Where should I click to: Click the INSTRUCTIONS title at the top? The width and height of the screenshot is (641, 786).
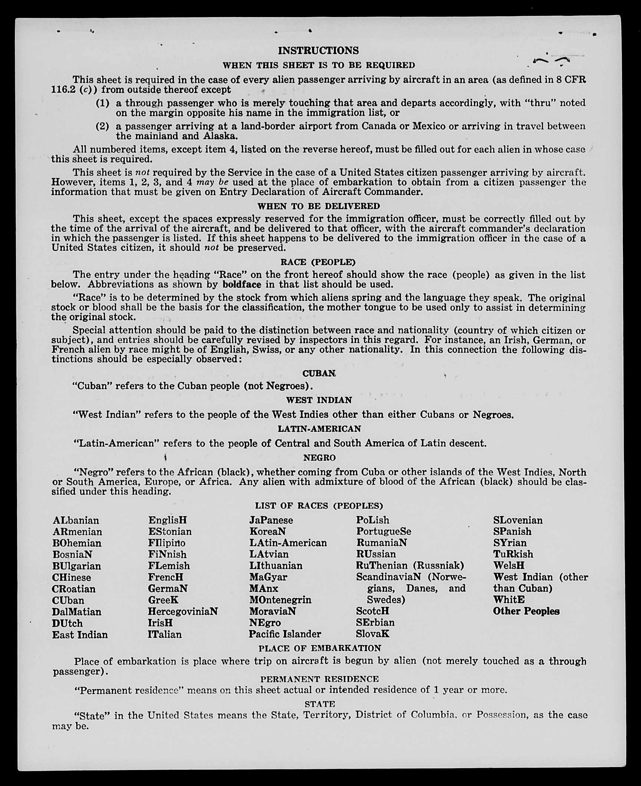tap(318, 50)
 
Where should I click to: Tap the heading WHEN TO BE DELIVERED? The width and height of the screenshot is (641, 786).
tap(319, 206)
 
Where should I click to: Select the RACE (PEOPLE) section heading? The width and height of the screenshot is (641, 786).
tap(318, 262)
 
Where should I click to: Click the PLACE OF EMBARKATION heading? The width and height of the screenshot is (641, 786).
tap(320, 648)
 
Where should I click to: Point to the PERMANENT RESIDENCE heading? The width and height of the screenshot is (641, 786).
tap(319, 679)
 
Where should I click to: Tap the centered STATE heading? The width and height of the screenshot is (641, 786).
tap(320, 704)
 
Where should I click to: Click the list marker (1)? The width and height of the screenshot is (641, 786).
tap(102, 103)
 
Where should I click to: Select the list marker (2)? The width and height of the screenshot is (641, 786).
tap(102, 126)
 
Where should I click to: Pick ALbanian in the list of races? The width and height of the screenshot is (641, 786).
tap(76, 520)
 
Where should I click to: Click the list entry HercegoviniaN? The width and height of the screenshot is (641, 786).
tap(183, 611)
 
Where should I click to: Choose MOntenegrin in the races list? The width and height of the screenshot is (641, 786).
tap(280, 600)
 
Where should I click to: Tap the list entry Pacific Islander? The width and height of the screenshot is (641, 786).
tap(285, 634)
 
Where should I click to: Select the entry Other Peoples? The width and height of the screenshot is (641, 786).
tap(526, 611)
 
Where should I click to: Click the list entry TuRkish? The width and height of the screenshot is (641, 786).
tap(513, 554)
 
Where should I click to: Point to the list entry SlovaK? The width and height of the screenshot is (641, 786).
tap(372, 634)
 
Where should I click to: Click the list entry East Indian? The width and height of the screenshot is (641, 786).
tap(80, 635)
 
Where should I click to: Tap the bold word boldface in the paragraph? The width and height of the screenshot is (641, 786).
tap(242, 285)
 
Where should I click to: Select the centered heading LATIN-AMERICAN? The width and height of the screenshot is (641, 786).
tap(319, 429)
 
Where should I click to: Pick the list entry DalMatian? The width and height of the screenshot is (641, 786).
tap(76, 612)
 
